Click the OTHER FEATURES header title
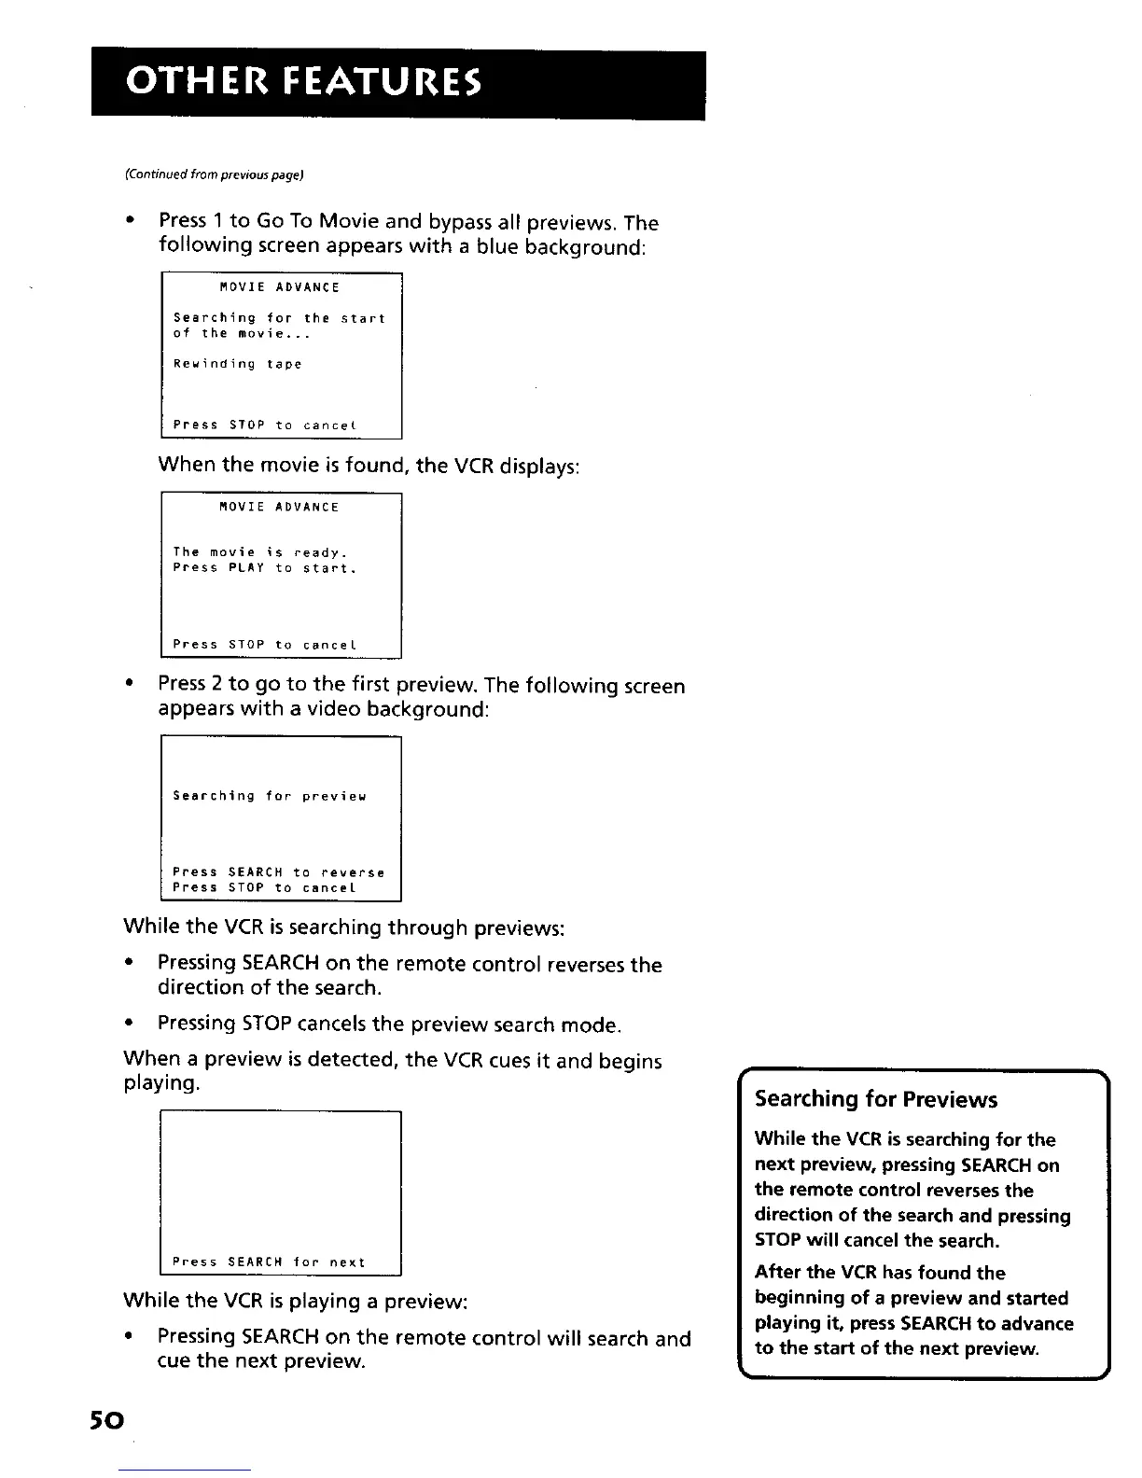[x=303, y=84]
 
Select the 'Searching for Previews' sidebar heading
[x=875, y=1099]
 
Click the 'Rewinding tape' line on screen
[x=238, y=364]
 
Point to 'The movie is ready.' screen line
[x=260, y=552]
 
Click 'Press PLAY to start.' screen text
[x=265, y=568]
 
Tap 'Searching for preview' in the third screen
[x=270, y=796]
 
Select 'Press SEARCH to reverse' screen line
[x=278, y=872]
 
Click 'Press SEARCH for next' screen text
[x=269, y=1262]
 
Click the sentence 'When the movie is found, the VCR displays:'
[x=369, y=465]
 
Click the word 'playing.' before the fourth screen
[x=162, y=1084]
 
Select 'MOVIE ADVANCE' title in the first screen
[x=279, y=287]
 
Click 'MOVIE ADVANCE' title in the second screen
[x=279, y=508]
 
